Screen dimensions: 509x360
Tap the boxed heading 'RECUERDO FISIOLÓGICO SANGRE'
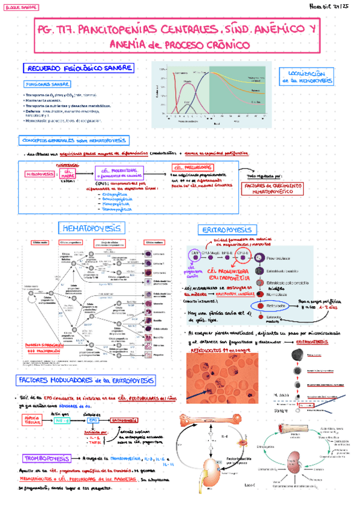tap(77, 69)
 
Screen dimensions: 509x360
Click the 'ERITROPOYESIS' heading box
tap(210, 230)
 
